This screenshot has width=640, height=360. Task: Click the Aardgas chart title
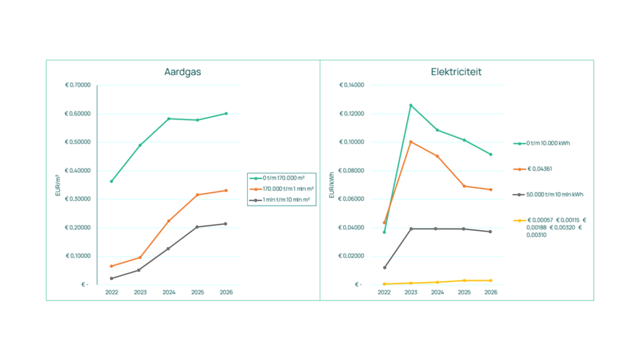[x=182, y=72]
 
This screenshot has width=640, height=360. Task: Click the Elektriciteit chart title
[x=456, y=72]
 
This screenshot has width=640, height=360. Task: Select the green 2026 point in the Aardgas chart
[x=226, y=114]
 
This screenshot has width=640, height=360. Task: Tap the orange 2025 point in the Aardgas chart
[x=197, y=195]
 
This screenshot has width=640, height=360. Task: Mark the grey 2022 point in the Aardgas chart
[x=112, y=278]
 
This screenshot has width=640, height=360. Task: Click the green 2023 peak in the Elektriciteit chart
[x=411, y=106]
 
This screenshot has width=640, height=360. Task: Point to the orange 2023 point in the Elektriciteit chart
[x=411, y=142]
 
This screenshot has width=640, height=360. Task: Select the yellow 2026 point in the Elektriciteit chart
[x=491, y=280]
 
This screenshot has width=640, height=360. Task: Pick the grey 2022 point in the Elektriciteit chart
[x=385, y=268]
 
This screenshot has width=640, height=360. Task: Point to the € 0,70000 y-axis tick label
[x=78, y=85]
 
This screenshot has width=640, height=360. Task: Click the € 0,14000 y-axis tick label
[x=352, y=85]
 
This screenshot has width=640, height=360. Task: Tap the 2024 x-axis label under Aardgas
[x=169, y=292]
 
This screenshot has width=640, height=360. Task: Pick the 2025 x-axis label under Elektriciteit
[x=464, y=292]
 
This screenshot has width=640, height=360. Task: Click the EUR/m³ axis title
[x=58, y=186]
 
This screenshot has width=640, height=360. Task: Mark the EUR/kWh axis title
[x=331, y=185]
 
